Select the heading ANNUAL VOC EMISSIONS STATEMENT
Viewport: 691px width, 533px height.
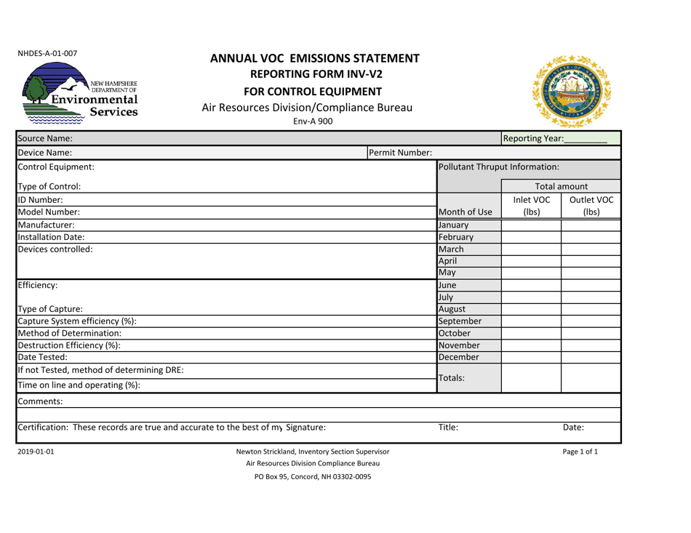314,58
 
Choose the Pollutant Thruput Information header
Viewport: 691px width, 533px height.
493,169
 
